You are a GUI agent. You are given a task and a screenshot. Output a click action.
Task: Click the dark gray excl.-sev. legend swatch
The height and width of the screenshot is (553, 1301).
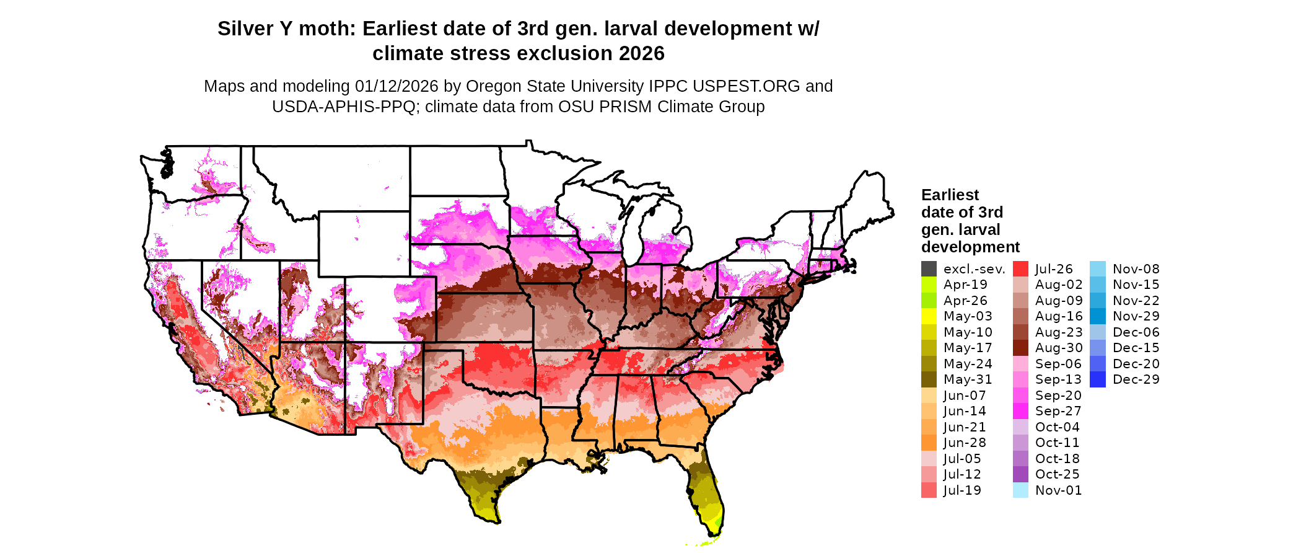[929, 269]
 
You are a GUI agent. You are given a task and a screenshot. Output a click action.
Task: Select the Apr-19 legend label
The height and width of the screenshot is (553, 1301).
[965, 285]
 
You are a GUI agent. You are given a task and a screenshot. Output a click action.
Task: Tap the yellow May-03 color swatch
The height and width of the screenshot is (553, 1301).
[929, 316]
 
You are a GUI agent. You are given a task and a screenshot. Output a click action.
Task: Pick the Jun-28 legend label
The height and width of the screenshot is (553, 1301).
[965, 443]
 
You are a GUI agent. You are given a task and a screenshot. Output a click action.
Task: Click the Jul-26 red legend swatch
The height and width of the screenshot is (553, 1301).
[1020, 269]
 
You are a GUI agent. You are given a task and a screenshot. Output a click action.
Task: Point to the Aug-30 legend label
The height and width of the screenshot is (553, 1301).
[1059, 348]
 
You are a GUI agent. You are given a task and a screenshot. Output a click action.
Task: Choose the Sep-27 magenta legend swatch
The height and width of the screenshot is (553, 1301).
[1020, 411]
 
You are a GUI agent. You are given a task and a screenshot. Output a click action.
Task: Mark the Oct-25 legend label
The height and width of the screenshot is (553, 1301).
[1057, 474]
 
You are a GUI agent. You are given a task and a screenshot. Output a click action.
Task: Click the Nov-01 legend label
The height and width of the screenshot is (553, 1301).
[1058, 490]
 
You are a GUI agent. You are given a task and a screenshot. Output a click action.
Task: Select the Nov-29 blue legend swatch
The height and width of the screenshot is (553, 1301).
[1097, 316]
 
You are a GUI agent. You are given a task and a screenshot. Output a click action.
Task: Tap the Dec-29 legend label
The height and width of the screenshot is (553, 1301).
[1136, 379]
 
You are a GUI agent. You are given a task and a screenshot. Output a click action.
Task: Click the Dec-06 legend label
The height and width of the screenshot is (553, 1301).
[1136, 332]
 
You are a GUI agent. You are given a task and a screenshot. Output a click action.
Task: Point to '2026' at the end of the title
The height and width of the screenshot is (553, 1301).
[641, 54]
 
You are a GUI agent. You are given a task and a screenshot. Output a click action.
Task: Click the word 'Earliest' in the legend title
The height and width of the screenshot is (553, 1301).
[950, 195]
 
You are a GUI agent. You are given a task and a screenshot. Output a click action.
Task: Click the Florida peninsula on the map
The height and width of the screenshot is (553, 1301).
[706, 496]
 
